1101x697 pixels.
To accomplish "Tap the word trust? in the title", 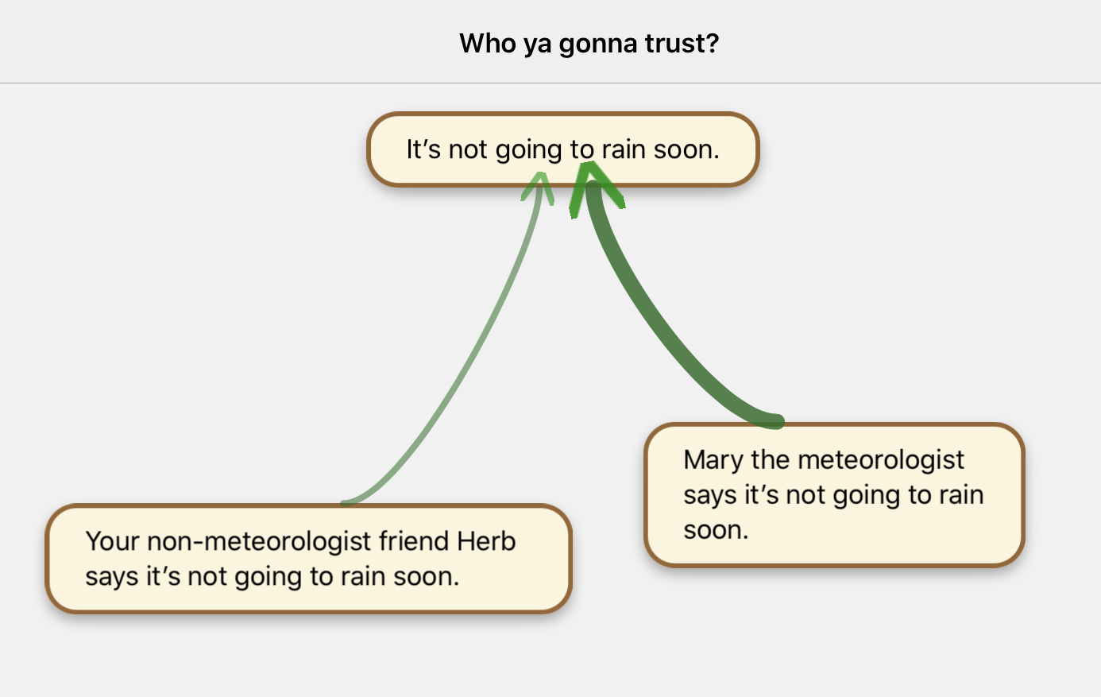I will pos(682,43).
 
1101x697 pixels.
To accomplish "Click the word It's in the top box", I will pos(423,149).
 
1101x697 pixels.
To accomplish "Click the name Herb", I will pos(486,541).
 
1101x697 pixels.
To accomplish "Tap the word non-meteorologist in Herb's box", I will pos(260,541).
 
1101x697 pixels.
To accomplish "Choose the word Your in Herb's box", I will pos(112,541).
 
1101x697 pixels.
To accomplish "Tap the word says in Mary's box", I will pos(709,495).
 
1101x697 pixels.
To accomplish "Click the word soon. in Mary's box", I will pos(716,530).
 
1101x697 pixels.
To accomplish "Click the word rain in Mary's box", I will pos(961,495).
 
